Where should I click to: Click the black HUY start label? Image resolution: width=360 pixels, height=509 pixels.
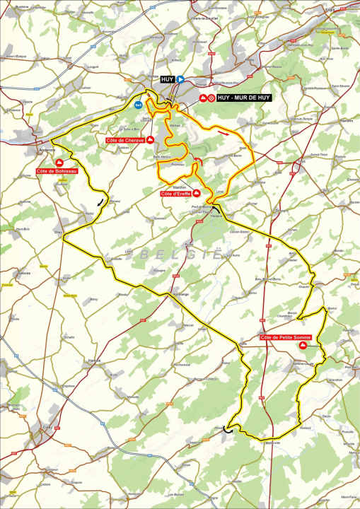tap(167, 80)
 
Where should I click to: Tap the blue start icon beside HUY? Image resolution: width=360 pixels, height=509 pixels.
tap(180, 80)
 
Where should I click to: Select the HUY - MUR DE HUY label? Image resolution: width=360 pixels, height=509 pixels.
tap(243, 98)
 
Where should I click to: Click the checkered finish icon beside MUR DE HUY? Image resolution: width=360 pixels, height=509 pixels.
tap(211, 98)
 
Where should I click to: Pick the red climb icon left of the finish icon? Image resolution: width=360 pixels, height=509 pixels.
tap(202, 98)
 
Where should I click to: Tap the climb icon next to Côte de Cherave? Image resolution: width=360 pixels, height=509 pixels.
tap(150, 140)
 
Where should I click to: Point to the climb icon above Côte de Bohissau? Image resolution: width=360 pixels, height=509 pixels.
tap(59, 163)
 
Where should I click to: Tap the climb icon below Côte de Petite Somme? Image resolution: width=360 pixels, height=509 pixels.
tap(303, 347)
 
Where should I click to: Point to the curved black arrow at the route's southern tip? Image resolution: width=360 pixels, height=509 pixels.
tap(228, 428)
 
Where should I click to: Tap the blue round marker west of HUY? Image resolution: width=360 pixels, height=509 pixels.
tap(139, 104)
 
